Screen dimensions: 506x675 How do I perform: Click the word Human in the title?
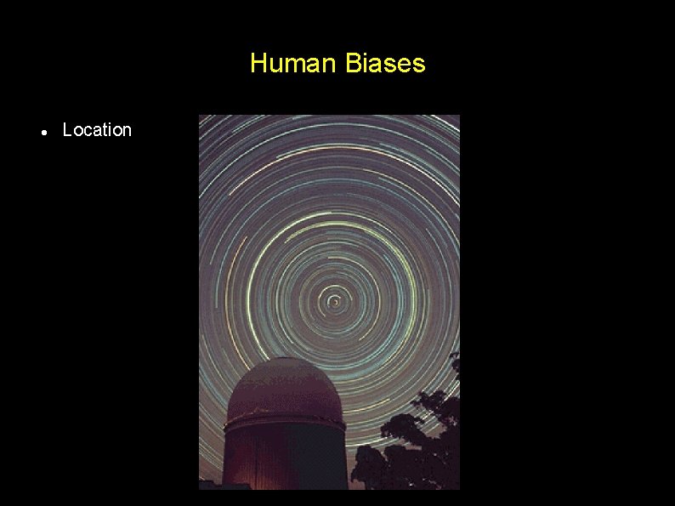click(x=294, y=64)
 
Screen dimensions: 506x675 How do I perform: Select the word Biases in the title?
click(x=386, y=64)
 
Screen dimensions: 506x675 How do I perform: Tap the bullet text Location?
click(x=97, y=130)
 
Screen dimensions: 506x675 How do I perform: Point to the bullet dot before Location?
click(x=43, y=132)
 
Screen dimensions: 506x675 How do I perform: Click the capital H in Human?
click(x=258, y=64)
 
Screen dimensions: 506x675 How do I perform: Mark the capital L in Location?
click(x=67, y=130)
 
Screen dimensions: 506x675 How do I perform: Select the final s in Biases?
click(x=419, y=65)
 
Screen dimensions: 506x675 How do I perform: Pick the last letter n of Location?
click(x=127, y=131)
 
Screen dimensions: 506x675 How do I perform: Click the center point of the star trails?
click(x=336, y=301)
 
